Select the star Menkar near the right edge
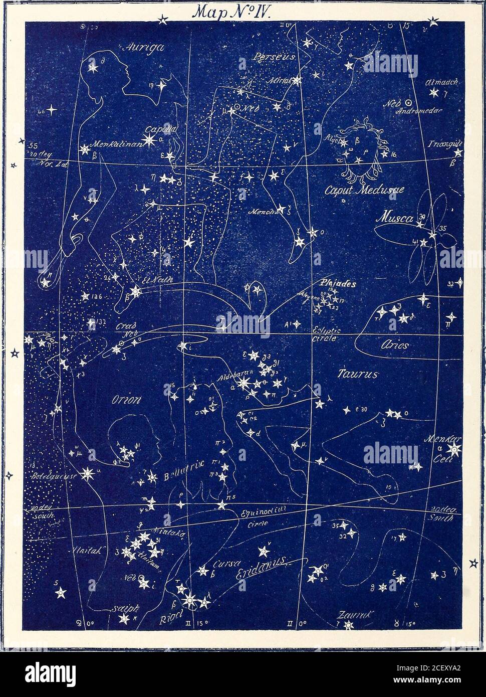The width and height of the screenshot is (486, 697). (x=455, y=448)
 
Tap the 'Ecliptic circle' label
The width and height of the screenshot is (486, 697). (x=326, y=333)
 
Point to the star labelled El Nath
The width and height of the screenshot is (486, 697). (x=135, y=290)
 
